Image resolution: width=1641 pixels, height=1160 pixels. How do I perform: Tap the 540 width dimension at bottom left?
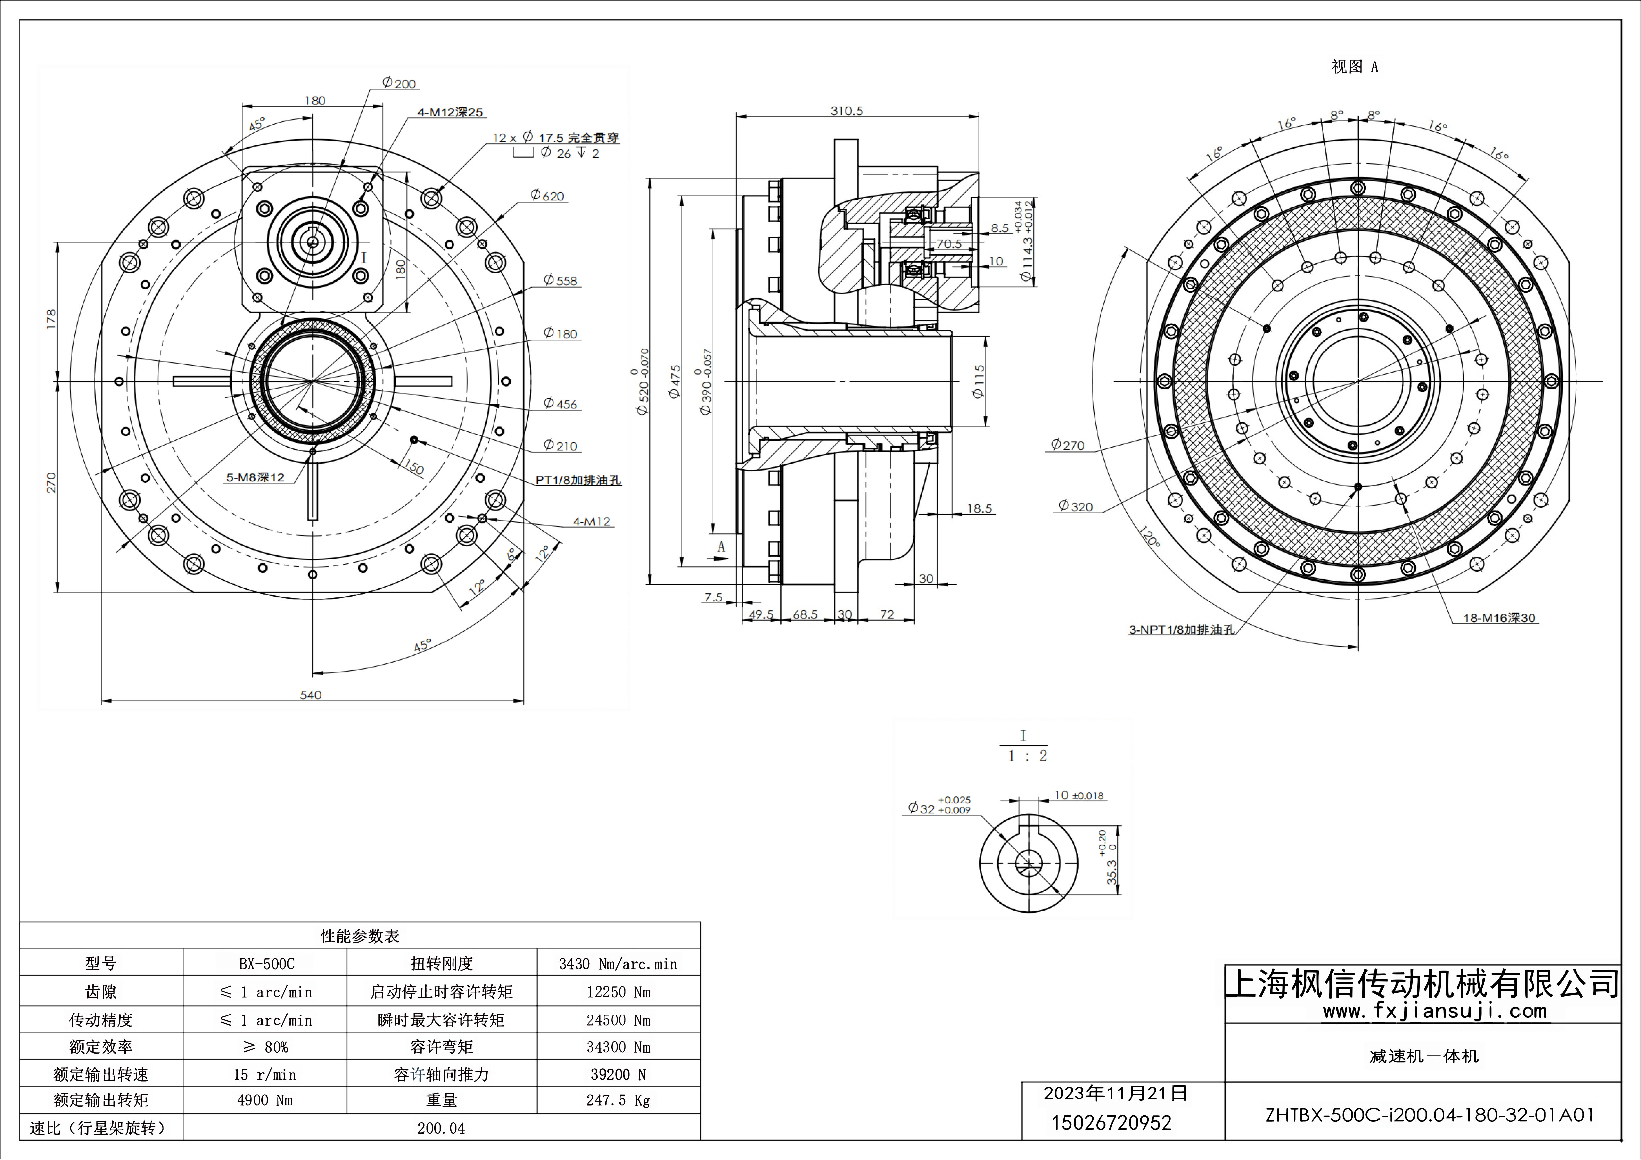[x=310, y=694]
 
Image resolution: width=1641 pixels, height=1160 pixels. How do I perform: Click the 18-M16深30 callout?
[x=1499, y=618]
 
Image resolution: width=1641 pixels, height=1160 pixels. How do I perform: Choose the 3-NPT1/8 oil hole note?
[x=1182, y=629]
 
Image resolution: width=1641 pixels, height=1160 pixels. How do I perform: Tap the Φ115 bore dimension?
[x=978, y=381]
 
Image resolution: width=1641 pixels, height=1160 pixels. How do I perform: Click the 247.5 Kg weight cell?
[x=618, y=1100]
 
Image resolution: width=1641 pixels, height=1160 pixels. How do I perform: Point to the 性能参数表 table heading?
[x=360, y=936]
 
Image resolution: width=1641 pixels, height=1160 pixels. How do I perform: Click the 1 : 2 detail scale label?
[x=1027, y=756]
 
